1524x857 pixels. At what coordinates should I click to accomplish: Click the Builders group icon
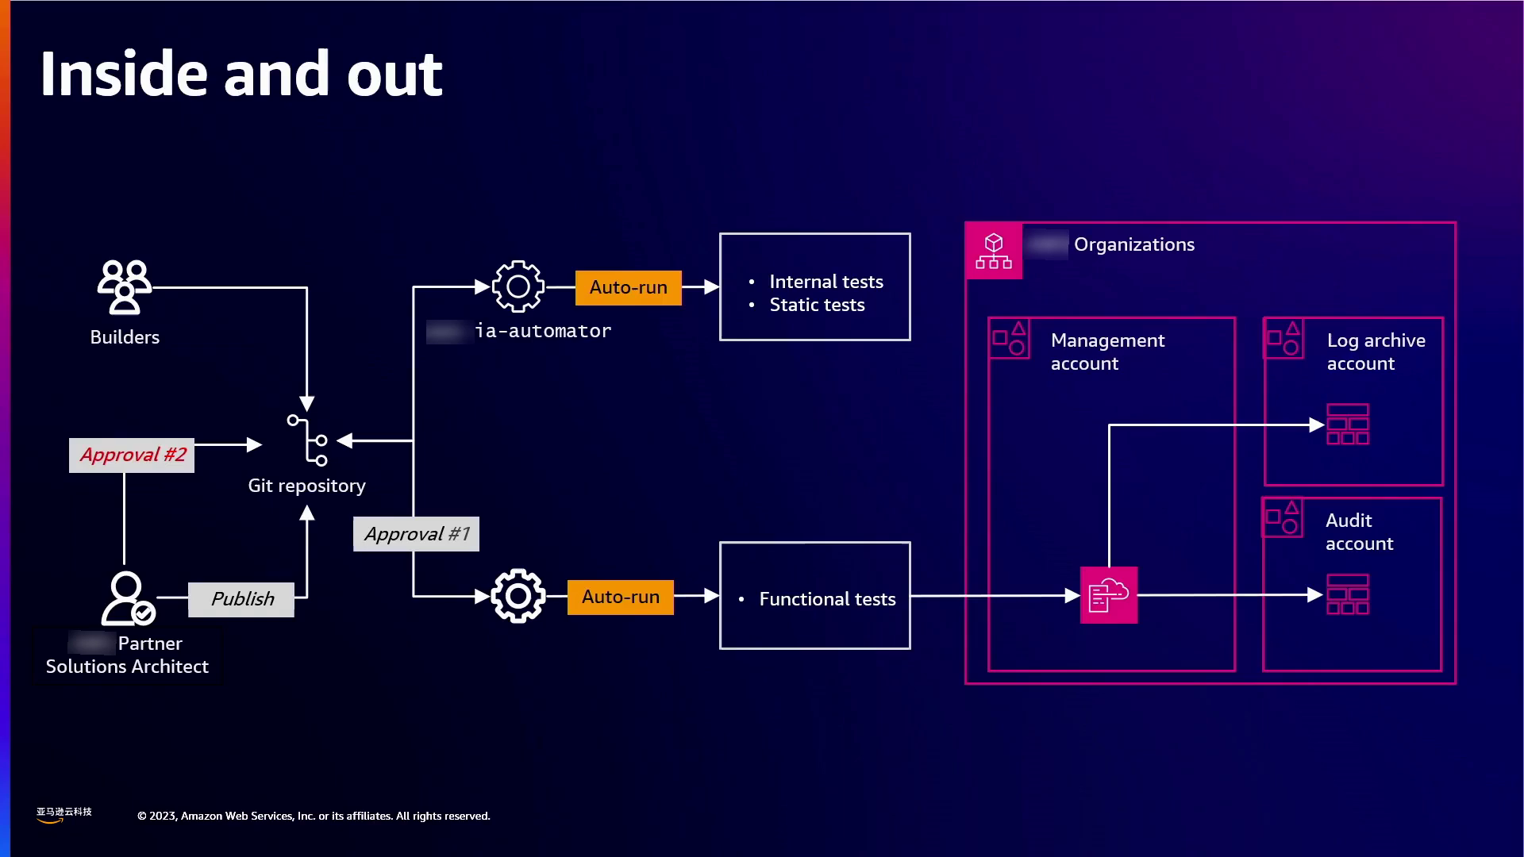tap(125, 286)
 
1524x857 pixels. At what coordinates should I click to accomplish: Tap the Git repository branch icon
tap(308, 440)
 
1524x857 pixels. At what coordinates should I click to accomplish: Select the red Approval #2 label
tap(132, 455)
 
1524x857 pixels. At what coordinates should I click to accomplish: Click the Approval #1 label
tap(416, 534)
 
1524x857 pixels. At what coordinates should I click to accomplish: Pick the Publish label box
tap(241, 599)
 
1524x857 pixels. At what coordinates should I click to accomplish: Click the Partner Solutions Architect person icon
tap(128, 598)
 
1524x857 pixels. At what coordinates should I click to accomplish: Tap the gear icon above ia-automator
tap(518, 286)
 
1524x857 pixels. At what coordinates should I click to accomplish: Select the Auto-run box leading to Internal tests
tap(628, 287)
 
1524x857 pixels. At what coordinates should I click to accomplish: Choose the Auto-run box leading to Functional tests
tap(620, 597)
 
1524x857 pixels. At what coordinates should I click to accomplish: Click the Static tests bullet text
tap(817, 305)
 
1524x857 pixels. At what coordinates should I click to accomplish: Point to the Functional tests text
tap(827, 599)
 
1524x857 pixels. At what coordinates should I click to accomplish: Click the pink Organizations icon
tap(994, 251)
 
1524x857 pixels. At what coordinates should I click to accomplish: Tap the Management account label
tap(1107, 352)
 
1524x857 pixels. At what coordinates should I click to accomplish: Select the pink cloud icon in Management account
tap(1109, 595)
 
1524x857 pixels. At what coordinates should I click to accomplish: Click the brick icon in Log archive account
tap(1348, 425)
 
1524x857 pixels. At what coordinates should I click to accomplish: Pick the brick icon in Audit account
tap(1348, 595)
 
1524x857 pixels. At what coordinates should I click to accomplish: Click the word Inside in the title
tap(125, 74)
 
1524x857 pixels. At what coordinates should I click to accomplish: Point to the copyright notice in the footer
tap(314, 816)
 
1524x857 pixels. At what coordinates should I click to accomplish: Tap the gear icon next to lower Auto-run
tap(518, 596)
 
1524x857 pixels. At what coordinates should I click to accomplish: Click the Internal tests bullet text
tap(825, 282)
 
